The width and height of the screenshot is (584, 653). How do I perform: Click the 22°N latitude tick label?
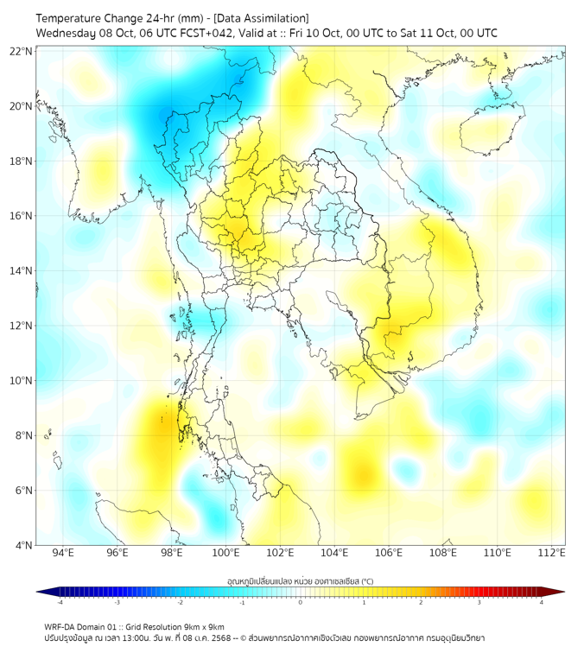22,52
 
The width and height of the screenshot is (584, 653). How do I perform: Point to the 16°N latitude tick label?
22,216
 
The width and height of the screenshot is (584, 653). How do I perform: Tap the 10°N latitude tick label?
22,381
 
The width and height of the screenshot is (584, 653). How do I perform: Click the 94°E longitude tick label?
63,553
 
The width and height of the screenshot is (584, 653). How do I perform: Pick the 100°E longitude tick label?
226,553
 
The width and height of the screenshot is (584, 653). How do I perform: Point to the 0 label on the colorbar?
301,602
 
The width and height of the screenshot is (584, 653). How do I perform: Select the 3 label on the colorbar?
481,602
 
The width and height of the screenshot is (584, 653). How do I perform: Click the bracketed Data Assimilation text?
260,18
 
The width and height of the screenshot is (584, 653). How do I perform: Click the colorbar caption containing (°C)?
300,580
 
